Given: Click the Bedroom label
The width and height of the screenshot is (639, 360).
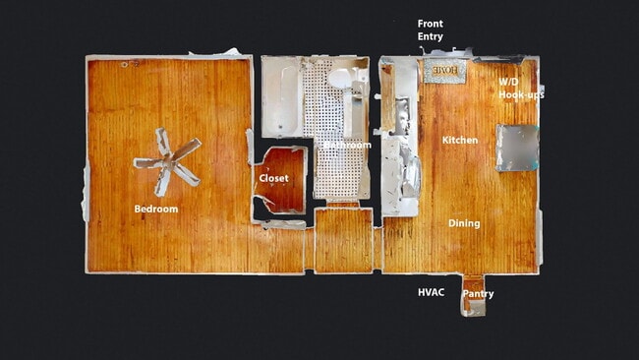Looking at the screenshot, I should click(156, 209).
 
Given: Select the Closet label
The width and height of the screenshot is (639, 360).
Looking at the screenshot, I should click(273, 179).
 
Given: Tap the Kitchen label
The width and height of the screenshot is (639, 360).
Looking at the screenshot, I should click(459, 141).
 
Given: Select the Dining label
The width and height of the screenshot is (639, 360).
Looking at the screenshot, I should click(464, 223).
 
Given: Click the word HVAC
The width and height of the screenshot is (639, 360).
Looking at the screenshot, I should click(432, 292).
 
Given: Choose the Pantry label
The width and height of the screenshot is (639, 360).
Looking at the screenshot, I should click(478, 294).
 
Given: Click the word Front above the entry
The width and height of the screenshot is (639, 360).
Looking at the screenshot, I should click(430, 24).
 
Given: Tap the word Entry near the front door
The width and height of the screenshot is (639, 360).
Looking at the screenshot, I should click(431, 36).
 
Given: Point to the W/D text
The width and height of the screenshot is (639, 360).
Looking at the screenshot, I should click(508, 82).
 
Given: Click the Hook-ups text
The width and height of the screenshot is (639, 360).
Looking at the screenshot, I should click(520, 94).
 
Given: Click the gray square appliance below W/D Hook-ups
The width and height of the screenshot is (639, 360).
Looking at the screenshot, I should click(517, 147).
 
